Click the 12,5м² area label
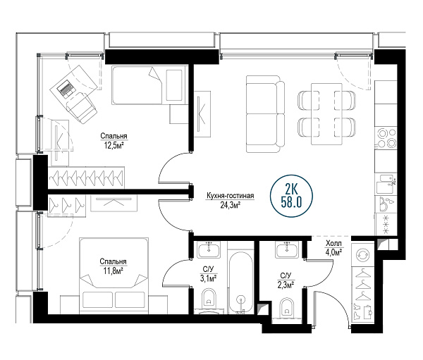point(114,146)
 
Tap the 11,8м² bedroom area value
point(114,271)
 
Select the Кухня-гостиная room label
point(230,196)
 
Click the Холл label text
point(333,244)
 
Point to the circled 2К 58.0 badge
point(291,196)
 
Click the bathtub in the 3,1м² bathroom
point(240,283)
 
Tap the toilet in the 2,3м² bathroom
point(286,307)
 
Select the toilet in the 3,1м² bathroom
point(209,298)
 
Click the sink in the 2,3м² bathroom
point(287,249)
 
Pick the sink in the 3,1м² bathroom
point(209,249)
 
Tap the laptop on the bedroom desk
point(66,88)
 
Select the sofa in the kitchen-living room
point(266,114)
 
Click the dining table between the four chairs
point(326,114)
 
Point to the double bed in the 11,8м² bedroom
point(114,275)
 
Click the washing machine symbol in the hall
point(362,254)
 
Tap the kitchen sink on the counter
point(386,184)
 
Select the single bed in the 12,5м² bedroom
point(149,85)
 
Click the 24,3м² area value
point(231,206)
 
